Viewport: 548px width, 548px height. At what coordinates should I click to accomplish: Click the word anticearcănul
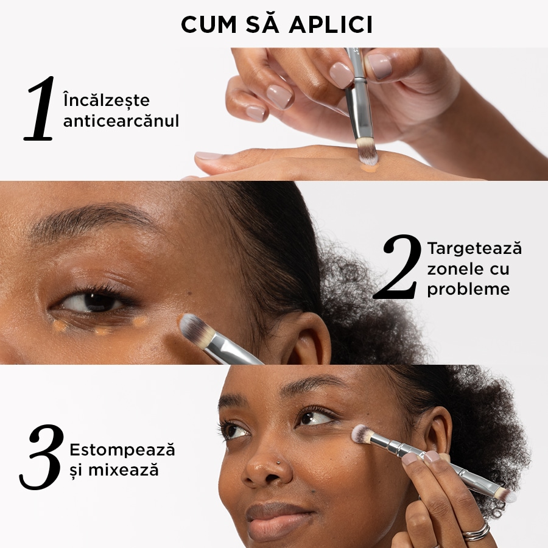pos(121,121)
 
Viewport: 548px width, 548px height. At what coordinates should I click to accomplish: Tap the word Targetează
pos(474,248)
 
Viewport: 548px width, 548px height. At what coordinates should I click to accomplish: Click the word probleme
pos(468,289)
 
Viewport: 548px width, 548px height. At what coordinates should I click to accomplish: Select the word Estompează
pos(122,450)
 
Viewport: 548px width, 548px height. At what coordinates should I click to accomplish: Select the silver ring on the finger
pos(476,531)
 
